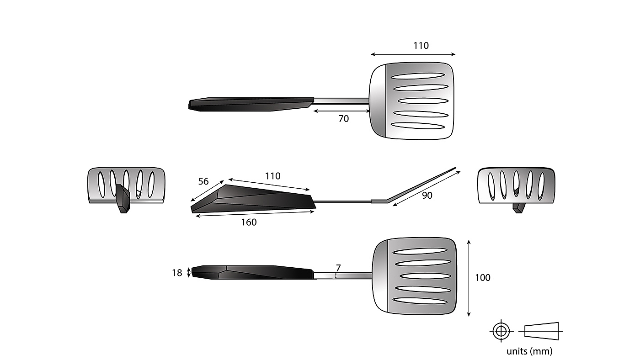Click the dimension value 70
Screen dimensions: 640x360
click(x=343, y=119)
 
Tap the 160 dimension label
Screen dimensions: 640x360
click(x=249, y=222)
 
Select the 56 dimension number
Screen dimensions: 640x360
click(x=203, y=181)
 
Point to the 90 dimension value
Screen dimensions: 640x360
click(x=427, y=196)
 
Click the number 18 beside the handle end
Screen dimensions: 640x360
click(x=177, y=273)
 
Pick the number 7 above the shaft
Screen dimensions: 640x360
click(x=338, y=267)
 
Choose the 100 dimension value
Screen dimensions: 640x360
click(x=482, y=277)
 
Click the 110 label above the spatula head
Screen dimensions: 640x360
click(x=421, y=46)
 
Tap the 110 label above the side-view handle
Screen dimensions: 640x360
click(x=272, y=176)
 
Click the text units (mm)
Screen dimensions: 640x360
click(x=529, y=351)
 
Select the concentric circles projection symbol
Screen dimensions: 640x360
click(x=501, y=330)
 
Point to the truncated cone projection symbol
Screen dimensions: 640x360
click(x=542, y=330)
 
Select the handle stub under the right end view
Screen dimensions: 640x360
click(x=517, y=208)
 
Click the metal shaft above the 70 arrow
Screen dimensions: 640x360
click(x=341, y=101)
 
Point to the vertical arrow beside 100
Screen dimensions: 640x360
click(x=469, y=277)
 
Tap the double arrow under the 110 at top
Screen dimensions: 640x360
click(x=413, y=54)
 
